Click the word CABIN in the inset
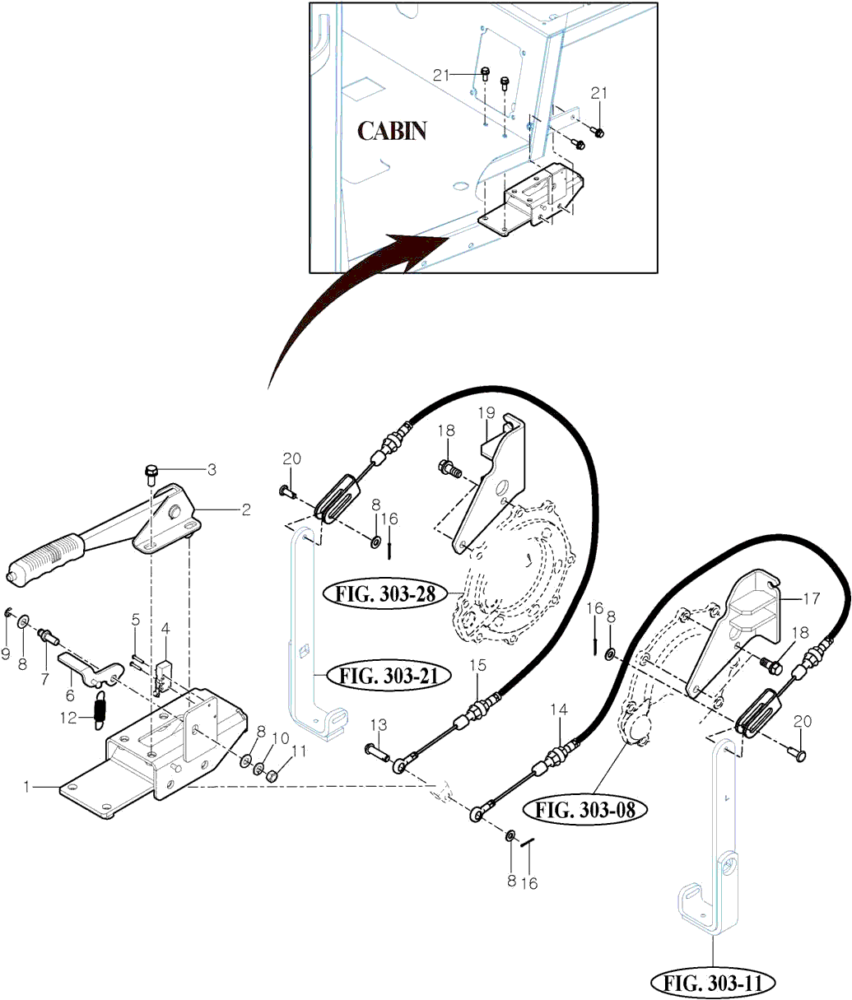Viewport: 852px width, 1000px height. point(392,131)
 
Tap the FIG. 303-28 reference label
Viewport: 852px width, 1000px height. point(385,593)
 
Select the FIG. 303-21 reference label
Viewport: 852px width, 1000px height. point(389,675)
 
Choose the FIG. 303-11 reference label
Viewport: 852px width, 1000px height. point(712,983)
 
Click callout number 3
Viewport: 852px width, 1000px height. point(212,470)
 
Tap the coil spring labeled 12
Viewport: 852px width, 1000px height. point(99,709)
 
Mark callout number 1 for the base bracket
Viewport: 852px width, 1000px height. point(26,788)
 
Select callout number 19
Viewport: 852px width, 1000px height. point(487,412)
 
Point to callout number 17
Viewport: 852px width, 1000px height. point(812,598)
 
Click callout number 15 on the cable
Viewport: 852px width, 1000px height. point(477,665)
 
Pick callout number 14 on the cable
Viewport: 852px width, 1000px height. point(559,709)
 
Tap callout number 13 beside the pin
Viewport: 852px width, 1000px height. point(379,725)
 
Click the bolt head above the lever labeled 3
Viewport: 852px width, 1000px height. point(151,472)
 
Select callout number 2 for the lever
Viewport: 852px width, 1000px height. point(246,509)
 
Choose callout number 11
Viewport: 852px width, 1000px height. point(299,751)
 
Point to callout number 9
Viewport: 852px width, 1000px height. point(6,654)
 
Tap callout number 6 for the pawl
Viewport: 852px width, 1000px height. point(70,695)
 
